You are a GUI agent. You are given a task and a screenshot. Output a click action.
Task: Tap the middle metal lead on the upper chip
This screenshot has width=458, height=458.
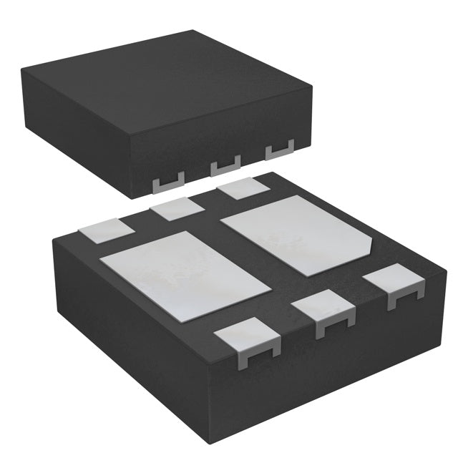[x=224, y=167]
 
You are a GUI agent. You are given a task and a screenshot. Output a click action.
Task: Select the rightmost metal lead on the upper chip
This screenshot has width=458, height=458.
[x=280, y=151]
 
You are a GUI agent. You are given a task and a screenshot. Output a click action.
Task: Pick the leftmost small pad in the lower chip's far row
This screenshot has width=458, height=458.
[x=106, y=230]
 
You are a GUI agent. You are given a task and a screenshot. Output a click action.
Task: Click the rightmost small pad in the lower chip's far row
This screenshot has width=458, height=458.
[x=243, y=189]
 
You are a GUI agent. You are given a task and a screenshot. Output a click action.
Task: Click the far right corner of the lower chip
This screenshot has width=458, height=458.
[x=445, y=271]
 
